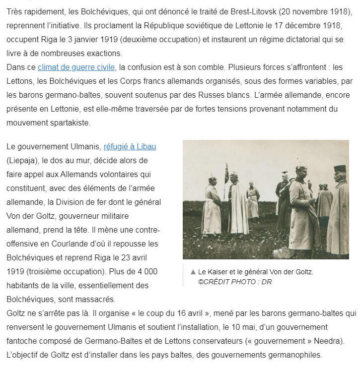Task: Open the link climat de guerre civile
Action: point(76,67)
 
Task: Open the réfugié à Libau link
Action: point(130,147)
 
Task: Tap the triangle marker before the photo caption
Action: point(193,272)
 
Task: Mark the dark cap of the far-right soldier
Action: point(340,169)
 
